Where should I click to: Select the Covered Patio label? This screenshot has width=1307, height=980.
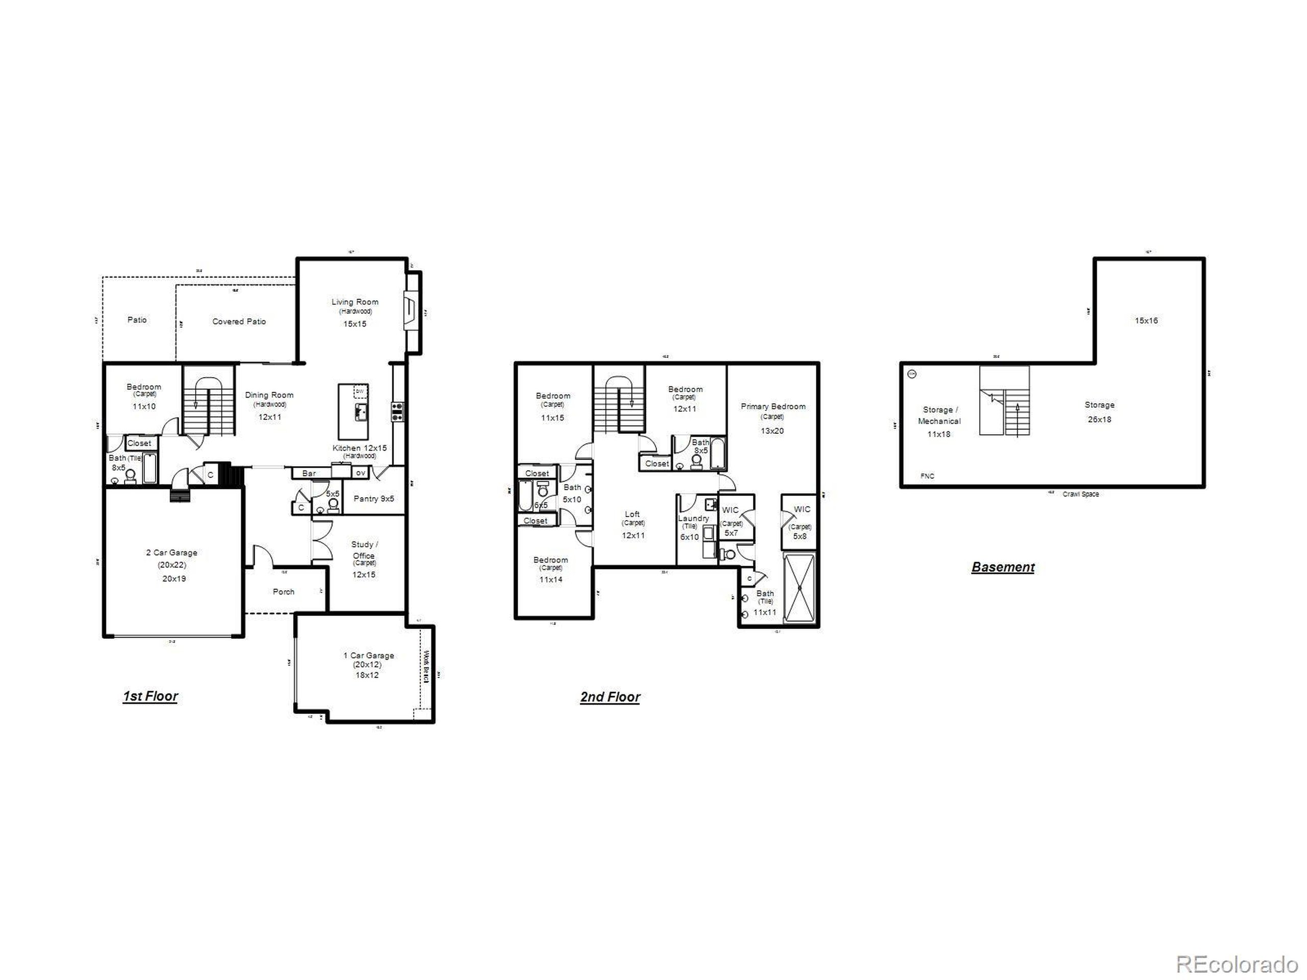pyautogui.click(x=239, y=322)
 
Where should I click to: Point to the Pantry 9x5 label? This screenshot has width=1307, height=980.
pyautogui.click(x=373, y=499)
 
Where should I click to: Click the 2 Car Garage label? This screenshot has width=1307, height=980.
pyautogui.click(x=172, y=552)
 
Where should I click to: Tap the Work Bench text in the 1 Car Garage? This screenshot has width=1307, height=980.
pyautogui.click(x=425, y=666)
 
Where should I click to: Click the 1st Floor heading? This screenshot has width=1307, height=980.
pyautogui.click(x=150, y=696)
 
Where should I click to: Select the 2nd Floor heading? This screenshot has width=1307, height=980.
pyautogui.click(x=610, y=697)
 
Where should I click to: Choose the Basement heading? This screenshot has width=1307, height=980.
pyautogui.click(x=1003, y=567)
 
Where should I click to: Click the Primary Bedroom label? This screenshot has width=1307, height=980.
pyautogui.click(x=773, y=406)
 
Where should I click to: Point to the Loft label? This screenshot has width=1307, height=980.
pyautogui.click(x=632, y=514)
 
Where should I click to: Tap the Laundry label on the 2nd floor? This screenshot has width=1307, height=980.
pyautogui.click(x=693, y=518)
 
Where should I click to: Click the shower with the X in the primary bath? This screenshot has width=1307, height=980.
pyautogui.click(x=799, y=589)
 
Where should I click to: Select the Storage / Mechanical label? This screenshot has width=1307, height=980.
pyautogui.click(x=939, y=415)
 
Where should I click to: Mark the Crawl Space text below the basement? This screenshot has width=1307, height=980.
pyautogui.click(x=1081, y=494)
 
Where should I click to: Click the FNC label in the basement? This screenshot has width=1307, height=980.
pyautogui.click(x=927, y=476)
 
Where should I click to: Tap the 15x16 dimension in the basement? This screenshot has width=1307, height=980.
pyautogui.click(x=1146, y=321)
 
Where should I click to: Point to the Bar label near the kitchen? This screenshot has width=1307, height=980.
pyautogui.click(x=309, y=473)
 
